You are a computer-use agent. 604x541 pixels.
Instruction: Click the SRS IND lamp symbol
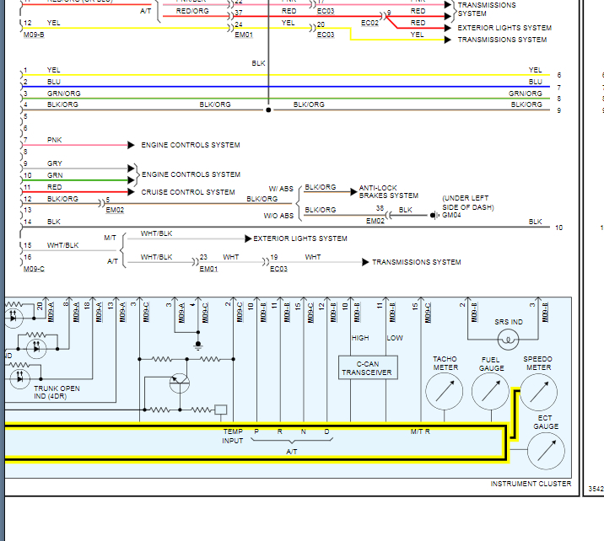click(507, 340)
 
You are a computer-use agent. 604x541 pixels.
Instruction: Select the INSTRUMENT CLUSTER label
click(531, 484)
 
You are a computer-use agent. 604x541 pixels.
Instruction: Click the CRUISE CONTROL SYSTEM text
click(188, 192)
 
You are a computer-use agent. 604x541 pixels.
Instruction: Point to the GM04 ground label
click(451, 215)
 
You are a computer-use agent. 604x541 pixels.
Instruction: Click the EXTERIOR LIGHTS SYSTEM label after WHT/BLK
click(300, 238)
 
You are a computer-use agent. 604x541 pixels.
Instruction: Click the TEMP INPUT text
click(233, 436)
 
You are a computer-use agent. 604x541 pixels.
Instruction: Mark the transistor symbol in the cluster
click(180, 383)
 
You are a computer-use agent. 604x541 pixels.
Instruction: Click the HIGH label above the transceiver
click(360, 338)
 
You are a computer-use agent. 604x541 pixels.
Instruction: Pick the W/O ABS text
click(279, 215)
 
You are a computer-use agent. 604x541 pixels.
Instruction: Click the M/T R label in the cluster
click(420, 431)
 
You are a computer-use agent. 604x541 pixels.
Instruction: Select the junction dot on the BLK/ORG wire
click(268, 110)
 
